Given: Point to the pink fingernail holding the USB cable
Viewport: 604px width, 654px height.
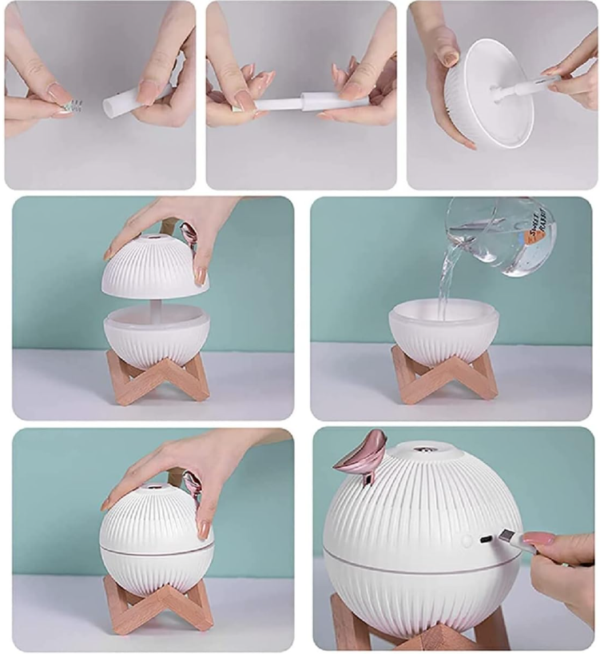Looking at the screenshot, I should click(x=538, y=539).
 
